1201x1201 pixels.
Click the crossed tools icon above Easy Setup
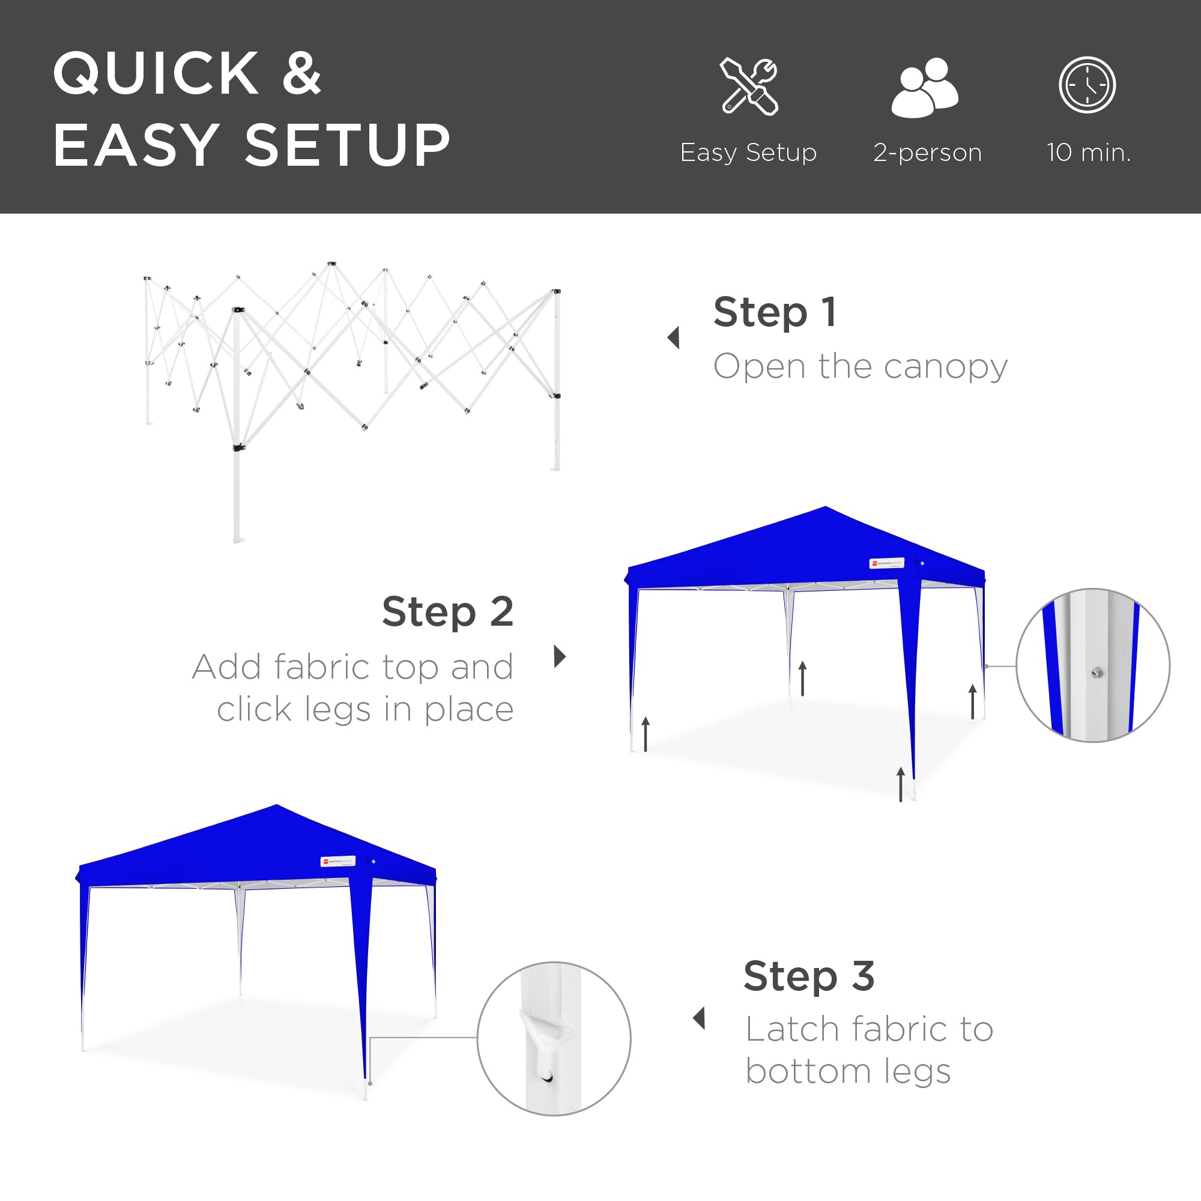(x=748, y=86)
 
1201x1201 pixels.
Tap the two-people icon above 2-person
(x=925, y=88)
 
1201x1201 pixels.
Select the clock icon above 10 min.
(x=1088, y=85)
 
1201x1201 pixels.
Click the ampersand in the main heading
(x=301, y=74)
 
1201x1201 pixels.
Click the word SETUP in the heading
(x=348, y=145)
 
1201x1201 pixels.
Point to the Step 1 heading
(x=775, y=312)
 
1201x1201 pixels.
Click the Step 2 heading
(x=447, y=612)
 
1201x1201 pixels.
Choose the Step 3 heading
(x=809, y=976)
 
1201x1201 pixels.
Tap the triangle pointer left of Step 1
(x=673, y=338)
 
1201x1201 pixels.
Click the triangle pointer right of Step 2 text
(x=560, y=656)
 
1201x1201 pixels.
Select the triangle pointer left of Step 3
(x=700, y=1018)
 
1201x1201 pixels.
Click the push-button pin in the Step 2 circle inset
(x=1097, y=673)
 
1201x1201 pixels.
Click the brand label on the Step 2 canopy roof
(x=886, y=563)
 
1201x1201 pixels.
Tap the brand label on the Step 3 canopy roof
(x=337, y=861)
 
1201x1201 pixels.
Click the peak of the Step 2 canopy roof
(x=826, y=509)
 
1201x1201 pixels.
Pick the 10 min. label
(x=1089, y=153)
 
